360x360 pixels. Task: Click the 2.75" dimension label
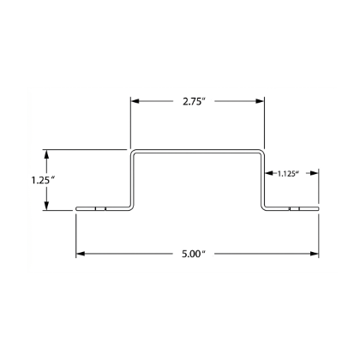(195, 101)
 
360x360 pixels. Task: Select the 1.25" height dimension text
(43, 180)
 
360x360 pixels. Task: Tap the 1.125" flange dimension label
(288, 173)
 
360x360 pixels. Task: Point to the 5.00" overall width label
(194, 254)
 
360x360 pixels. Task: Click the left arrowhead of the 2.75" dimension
(135, 101)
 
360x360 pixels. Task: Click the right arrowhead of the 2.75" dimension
(260, 101)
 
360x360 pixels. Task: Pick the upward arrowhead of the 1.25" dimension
(46, 154)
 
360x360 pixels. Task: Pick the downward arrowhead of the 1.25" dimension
(46, 206)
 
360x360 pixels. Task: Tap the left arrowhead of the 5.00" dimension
(81, 254)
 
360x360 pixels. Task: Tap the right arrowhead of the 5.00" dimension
(315, 254)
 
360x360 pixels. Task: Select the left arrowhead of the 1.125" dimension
(269, 173)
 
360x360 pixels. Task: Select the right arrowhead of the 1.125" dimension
(315, 173)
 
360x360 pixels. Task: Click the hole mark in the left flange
(100, 209)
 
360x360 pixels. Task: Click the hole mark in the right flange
(295, 209)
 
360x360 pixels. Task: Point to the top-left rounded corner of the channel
(134, 153)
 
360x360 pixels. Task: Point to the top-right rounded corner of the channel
(261, 153)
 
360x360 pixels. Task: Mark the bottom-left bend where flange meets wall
(131, 207)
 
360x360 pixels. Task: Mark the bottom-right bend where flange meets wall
(263, 207)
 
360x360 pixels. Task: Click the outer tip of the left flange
(76, 209)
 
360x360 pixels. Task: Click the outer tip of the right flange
(318, 209)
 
